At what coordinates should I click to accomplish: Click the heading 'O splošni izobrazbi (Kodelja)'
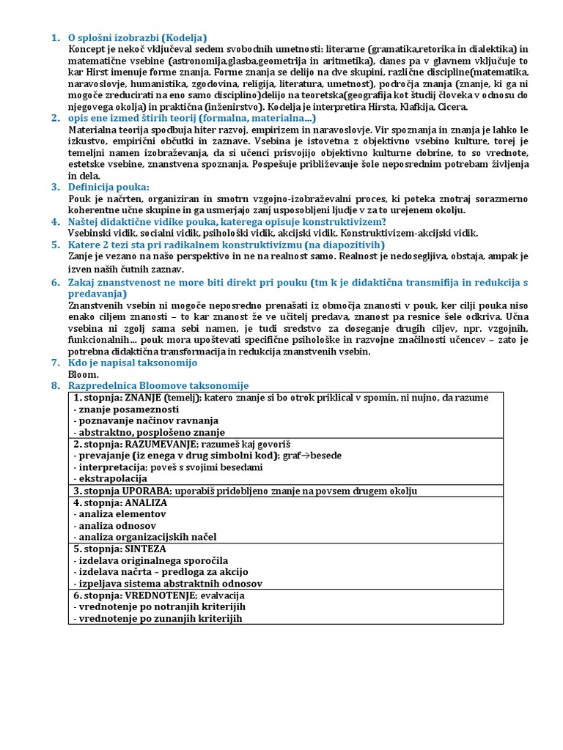pos(137,37)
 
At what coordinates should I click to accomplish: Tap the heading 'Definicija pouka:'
pos(108,187)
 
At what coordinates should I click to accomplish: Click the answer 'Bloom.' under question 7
pos(83,374)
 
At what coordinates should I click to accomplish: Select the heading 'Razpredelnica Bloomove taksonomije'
pos(158,385)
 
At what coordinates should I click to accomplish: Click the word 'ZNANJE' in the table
pos(143,397)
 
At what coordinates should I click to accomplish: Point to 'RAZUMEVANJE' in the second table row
pos(158,444)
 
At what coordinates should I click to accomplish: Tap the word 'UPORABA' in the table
pos(147,491)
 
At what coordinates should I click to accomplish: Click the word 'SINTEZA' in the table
pos(146,549)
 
